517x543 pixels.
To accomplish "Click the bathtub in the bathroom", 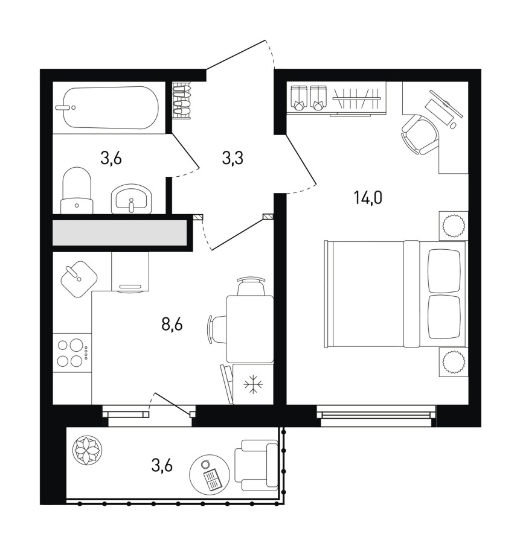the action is (x=111, y=108).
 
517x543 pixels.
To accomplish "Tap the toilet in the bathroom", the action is (x=77, y=191).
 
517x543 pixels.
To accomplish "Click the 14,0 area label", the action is (x=368, y=198).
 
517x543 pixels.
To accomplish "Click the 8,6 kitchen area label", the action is (x=172, y=325).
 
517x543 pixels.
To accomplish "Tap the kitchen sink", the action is (x=79, y=279).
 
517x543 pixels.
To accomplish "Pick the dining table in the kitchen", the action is (x=249, y=329).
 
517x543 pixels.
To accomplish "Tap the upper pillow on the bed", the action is (x=445, y=271).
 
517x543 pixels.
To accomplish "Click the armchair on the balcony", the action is (x=257, y=465).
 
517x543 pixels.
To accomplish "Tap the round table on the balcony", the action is (x=210, y=474).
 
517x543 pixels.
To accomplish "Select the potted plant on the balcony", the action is (x=87, y=451).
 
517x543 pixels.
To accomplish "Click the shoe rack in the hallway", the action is (x=182, y=100).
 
